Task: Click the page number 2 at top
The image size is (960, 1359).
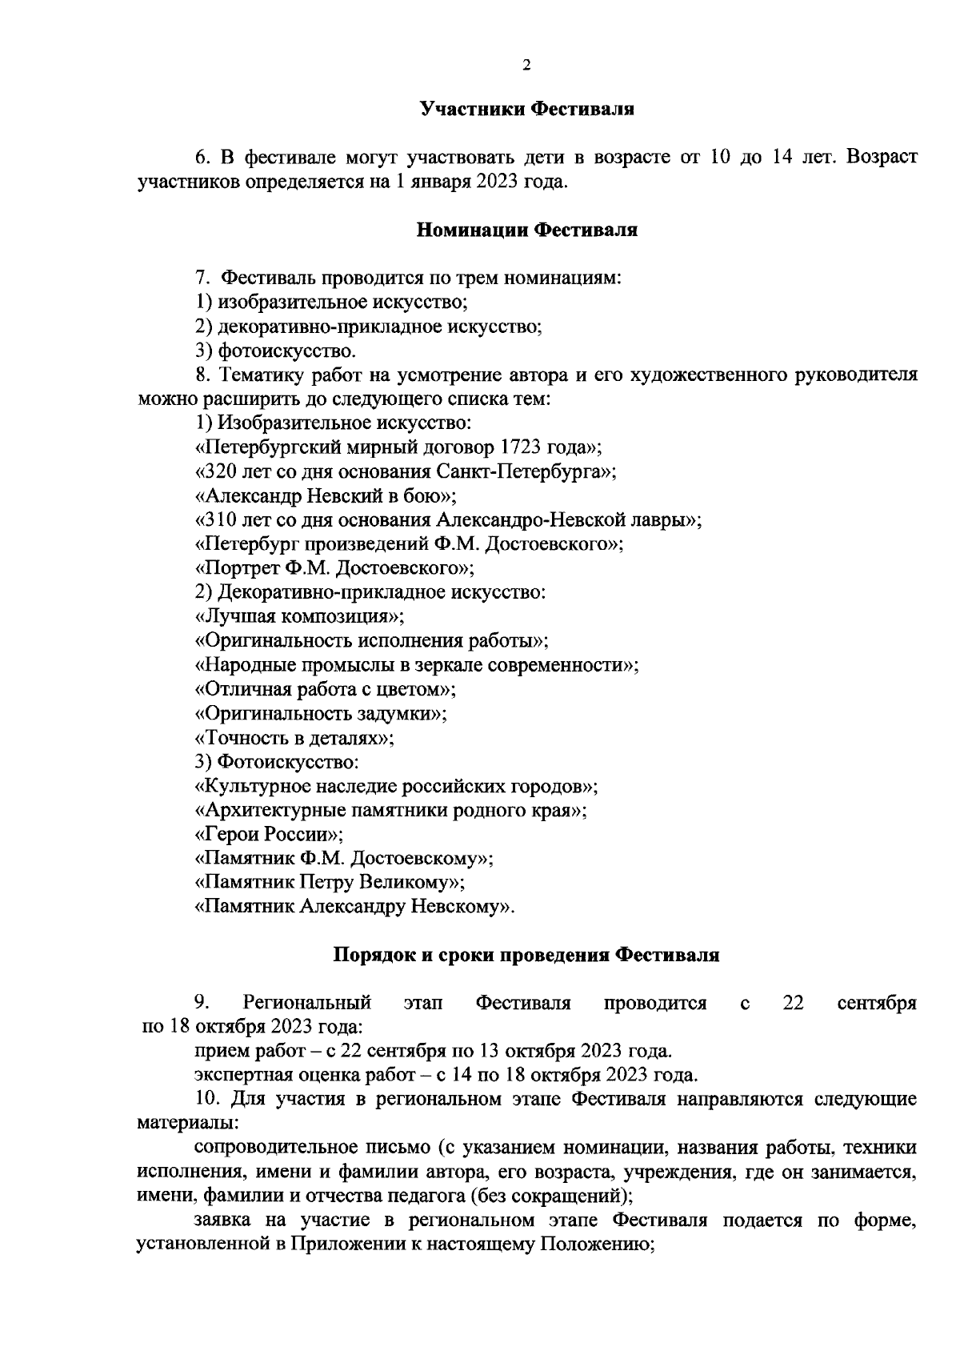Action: click(x=526, y=65)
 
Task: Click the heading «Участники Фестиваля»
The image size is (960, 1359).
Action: click(x=527, y=109)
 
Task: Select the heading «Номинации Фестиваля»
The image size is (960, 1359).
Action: click(x=527, y=231)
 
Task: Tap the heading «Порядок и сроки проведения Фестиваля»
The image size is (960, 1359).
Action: click(x=526, y=955)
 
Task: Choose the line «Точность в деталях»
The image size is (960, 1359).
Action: click(x=294, y=738)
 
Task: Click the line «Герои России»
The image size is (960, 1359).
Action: click(x=269, y=835)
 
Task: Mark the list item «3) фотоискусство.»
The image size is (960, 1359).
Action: click(x=276, y=351)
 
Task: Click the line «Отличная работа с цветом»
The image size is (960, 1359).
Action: click(x=326, y=689)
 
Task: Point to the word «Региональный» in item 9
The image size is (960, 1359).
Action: click(x=307, y=1004)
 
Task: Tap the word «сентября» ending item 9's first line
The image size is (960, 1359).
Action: click(x=877, y=1004)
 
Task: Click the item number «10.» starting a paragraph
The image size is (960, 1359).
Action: click(x=207, y=1100)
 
